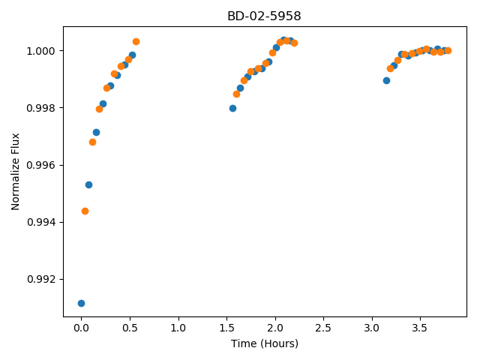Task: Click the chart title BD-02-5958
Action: coord(264,16)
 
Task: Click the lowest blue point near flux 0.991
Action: coord(81,303)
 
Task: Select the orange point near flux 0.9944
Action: coord(85,211)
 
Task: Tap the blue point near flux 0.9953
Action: coord(88,185)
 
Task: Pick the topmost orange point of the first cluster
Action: coord(136,42)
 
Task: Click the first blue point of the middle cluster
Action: coord(232,108)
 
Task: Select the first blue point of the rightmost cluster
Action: coord(387,81)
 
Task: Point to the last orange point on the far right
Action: coord(448,50)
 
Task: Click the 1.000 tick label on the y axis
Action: coord(41,51)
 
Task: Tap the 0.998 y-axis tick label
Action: coord(41,108)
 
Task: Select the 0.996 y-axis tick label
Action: coord(41,165)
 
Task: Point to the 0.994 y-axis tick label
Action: coord(41,222)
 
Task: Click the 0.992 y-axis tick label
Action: coord(41,280)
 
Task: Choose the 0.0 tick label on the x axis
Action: coord(81,328)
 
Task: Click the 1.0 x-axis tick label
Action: coord(178,328)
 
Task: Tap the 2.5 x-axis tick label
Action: coord(323,328)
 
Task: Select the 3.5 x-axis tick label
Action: coord(420,328)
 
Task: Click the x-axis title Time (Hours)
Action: coord(265,343)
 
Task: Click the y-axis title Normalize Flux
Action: coord(15,172)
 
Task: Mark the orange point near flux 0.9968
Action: coord(92,142)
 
